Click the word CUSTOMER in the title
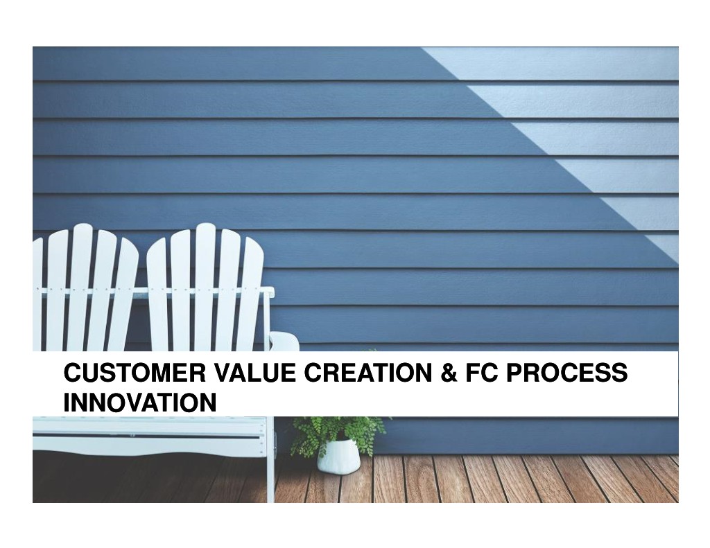point(135,373)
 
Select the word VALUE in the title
point(254,373)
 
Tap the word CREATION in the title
point(367,373)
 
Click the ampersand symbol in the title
point(449,373)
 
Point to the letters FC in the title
point(482,373)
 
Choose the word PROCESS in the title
point(566,373)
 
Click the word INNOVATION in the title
point(140,403)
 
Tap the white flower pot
point(338,456)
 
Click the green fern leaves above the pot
point(338,432)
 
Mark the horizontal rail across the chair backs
point(154,291)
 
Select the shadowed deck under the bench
point(150,479)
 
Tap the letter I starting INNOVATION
point(67,403)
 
